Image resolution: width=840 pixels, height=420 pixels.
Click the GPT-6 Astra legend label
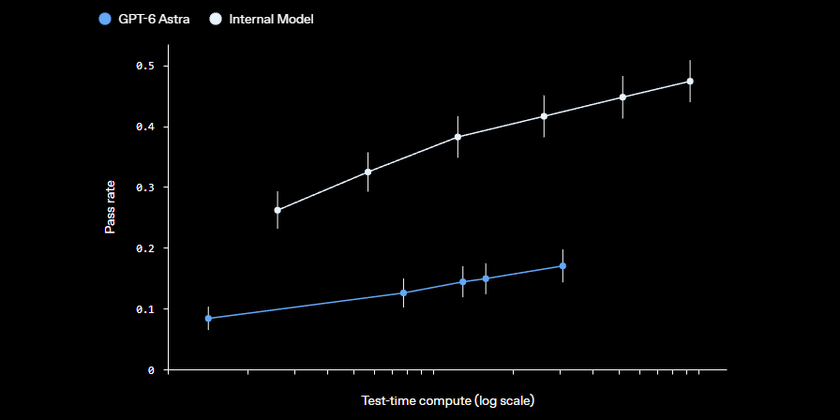click(154, 20)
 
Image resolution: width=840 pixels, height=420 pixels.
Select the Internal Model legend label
click(271, 20)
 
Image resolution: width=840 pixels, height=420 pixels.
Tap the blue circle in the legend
click(106, 20)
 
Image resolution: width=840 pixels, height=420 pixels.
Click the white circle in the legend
click(216, 20)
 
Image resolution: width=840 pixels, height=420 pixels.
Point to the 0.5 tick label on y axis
click(145, 66)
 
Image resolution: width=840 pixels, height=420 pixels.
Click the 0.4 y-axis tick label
click(145, 127)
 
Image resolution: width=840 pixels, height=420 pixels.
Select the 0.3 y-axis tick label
click(145, 187)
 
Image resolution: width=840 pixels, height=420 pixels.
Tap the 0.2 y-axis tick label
click(145, 248)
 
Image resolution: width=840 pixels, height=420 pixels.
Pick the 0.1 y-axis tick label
click(145, 309)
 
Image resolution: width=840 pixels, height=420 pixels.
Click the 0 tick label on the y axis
click(152, 370)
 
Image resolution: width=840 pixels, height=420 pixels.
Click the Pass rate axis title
click(110, 207)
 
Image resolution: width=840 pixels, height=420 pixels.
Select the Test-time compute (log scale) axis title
click(448, 400)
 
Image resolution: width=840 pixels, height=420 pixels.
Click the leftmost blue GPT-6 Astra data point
click(208, 318)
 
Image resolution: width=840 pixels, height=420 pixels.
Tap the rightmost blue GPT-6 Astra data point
click(562, 265)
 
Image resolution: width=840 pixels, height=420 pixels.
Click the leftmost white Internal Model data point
click(277, 210)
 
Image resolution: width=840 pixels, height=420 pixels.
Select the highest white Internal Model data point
click(690, 81)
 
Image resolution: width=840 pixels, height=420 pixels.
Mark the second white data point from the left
click(368, 172)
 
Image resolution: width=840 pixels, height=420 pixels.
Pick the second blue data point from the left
click(403, 293)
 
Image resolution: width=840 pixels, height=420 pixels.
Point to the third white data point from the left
click(458, 137)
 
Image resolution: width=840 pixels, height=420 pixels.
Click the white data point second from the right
click(622, 97)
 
